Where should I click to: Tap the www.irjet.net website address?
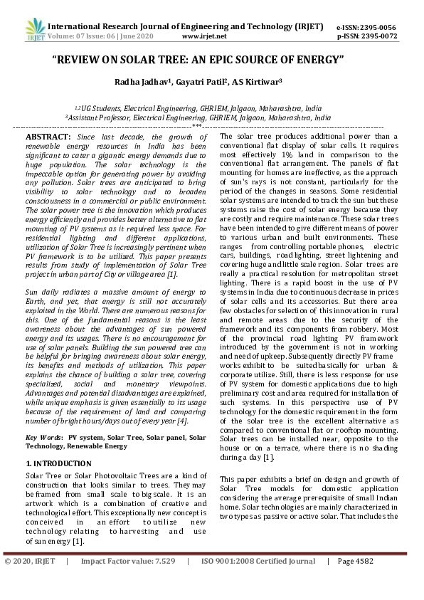coord(204,35)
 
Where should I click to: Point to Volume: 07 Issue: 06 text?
coord(87,35)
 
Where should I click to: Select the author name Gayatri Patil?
coord(201,82)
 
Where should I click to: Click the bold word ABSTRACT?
coord(48,136)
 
